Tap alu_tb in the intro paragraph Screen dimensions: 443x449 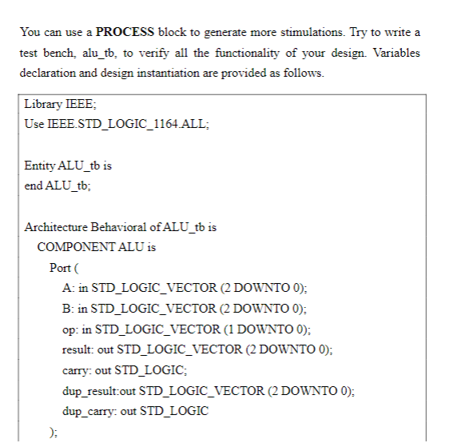[99, 53]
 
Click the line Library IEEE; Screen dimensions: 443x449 [61, 105]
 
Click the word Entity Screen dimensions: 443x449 [41, 166]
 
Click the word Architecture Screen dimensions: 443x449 [58, 227]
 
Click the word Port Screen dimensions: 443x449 [62, 268]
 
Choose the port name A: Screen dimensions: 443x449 [67, 288]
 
